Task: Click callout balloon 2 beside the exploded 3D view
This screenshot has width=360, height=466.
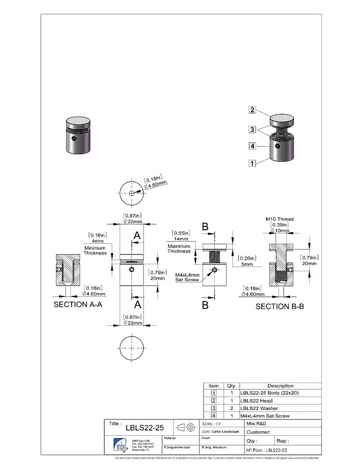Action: (252, 110)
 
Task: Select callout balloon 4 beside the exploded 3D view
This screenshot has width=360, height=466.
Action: (252, 146)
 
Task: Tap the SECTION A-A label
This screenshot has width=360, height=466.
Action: (78, 304)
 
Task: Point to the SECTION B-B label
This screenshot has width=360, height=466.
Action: (280, 307)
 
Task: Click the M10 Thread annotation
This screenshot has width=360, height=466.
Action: (279, 219)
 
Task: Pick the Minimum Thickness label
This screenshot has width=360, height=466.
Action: (95, 251)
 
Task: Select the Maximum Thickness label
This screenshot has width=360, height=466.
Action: (179, 248)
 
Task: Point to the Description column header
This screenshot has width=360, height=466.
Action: (280, 386)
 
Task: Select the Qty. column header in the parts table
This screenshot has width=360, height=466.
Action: (231, 386)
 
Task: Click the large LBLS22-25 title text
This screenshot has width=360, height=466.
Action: (145, 427)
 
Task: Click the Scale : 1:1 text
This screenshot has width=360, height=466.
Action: (212, 424)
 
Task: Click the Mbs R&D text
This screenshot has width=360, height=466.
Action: (257, 424)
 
